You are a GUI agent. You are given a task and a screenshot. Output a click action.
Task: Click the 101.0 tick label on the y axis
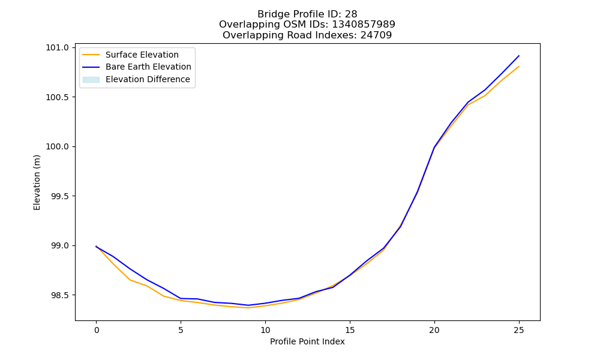pyautogui.click(x=58, y=48)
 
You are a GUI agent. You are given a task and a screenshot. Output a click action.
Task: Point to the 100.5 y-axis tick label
pyautogui.click(x=58, y=97)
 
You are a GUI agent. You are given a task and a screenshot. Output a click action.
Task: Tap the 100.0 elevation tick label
pyautogui.click(x=58, y=147)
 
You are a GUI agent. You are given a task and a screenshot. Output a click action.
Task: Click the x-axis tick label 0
pyautogui.click(x=97, y=330)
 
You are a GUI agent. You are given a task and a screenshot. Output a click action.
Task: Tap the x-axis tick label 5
pyautogui.click(x=181, y=330)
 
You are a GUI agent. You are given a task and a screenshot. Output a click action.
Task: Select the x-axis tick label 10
pyautogui.click(x=265, y=330)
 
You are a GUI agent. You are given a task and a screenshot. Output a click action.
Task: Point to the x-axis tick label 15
pyautogui.click(x=350, y=330)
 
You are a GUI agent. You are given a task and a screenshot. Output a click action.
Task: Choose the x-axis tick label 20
pyautogui.click(x=434, y=330)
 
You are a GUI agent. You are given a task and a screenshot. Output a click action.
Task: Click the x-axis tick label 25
pyautogui.click(x=519, y=330)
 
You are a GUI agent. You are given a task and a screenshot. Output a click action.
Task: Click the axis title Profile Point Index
pyautogui.click(x=307, y=341)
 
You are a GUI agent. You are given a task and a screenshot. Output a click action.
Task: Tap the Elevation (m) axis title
pyautogui.click(x=37, y=182)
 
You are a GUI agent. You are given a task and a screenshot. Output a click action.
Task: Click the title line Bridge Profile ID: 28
pyautogui.click(x=307, y=14)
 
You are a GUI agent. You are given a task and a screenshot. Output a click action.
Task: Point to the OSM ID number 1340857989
pyautogui.click(x=364, y=25)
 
